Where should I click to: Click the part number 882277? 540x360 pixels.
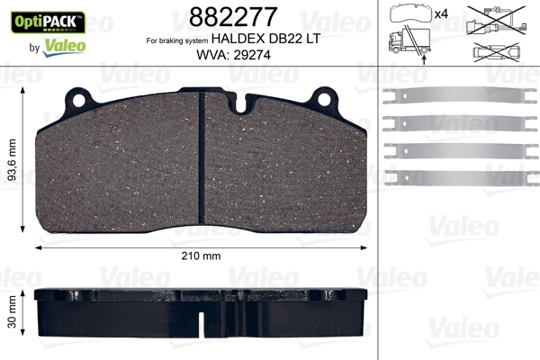pos(233,17)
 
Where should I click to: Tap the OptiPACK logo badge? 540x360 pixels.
pos(48,22)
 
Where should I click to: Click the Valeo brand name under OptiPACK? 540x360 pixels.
pos(64,47)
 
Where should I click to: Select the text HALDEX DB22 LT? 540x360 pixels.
pos(265,38)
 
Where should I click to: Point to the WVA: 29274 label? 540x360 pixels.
pos(233,55)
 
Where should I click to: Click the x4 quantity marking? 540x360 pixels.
pos(441,14)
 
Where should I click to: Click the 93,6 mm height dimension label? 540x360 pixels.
pos(12,160)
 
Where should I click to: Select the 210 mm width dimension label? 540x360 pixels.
pos(201,256)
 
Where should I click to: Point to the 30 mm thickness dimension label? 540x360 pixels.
pos(12,312)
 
